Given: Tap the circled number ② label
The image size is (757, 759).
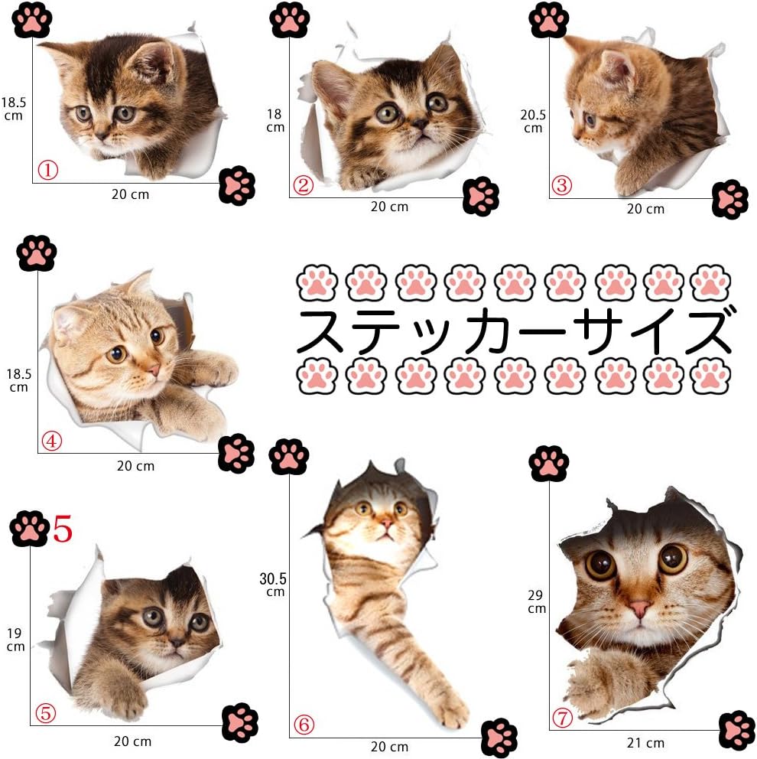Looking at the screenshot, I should point(304,185).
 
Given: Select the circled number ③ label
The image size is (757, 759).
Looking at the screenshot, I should point(563,185).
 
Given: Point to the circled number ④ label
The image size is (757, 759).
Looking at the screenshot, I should point(52,441).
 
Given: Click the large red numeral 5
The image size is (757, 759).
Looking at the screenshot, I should point(62,529).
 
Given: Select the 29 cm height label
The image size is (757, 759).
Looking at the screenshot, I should point(537,601).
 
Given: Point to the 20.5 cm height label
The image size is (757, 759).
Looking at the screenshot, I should point(533,121).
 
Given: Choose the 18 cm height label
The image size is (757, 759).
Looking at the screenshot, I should point(275,120).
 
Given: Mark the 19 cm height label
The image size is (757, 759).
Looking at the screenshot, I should point(16,640).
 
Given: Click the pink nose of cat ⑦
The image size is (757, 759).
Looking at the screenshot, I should point(640,608).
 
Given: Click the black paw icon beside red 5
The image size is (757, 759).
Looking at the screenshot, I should point(30,529).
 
